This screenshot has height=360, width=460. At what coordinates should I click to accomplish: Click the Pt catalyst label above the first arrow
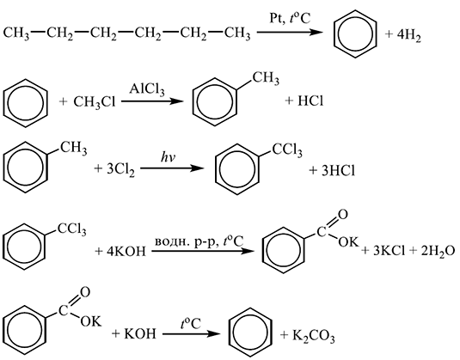pyautogui.click(x=275, y=18)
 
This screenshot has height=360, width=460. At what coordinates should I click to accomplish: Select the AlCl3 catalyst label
pyautogui.click(x=147, y=89)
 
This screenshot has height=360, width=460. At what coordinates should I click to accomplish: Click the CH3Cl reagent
pyautogui.click(x=95, y=102)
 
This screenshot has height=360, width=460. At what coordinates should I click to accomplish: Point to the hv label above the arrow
pyautogui.click(x=168, y=158)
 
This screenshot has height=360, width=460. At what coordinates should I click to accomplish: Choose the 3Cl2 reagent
pyautogui.click(x=120, y=170)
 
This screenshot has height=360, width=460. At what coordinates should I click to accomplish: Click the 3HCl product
pyautogui.click(x=338, y=170)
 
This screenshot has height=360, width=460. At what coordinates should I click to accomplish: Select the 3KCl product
pyautogui.click(x=389, y=251)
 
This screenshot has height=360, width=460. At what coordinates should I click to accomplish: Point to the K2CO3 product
pyautogui.click(x=313, y=336)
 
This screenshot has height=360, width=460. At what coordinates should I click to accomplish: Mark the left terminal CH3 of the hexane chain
pyautogui.click(x=16, y=34)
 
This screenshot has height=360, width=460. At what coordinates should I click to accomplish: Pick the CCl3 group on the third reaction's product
pyautogui.click(x=287, y=150)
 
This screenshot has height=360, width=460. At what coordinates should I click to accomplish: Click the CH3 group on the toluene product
pyautogui.click(x=266, y=79)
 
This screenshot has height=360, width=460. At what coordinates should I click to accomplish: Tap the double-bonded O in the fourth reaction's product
pyautogui.click(x=343, y=215)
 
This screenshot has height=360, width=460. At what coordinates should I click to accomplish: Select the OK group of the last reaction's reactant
pyautogui.click(x=91, y=321)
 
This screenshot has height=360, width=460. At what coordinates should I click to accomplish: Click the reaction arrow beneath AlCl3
pyautogui.click(x=152, y=101)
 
